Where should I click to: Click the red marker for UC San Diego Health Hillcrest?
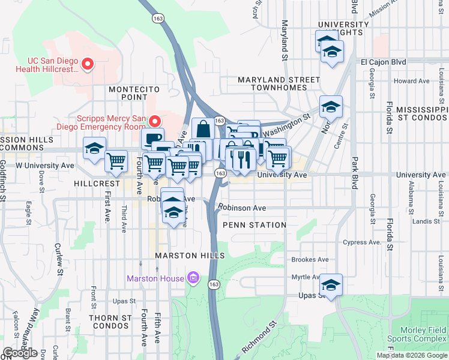pyautogui.click(x=88, y=63)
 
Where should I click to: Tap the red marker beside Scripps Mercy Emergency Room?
pyautogui.click(x=155, y=121)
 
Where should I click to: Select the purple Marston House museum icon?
pyautogui.click(x=193, y=278)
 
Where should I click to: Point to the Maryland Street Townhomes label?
pyautogui.click(x=279, y=83)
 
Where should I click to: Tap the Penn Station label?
pyautogui.click(x=254, y=225)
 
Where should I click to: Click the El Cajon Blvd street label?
pyautogui.click(x=383, y=62)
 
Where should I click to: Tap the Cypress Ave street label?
pyautogui.click(x=362, y=242)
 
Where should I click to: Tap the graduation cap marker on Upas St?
pyautogui.click(x=330, y=284)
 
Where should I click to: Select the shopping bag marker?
pyautogui.click(x=203, y=128)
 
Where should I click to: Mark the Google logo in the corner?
pyautogui.click(x=20, y=353)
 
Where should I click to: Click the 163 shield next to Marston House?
pyautogui.click(x=213, y=283)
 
